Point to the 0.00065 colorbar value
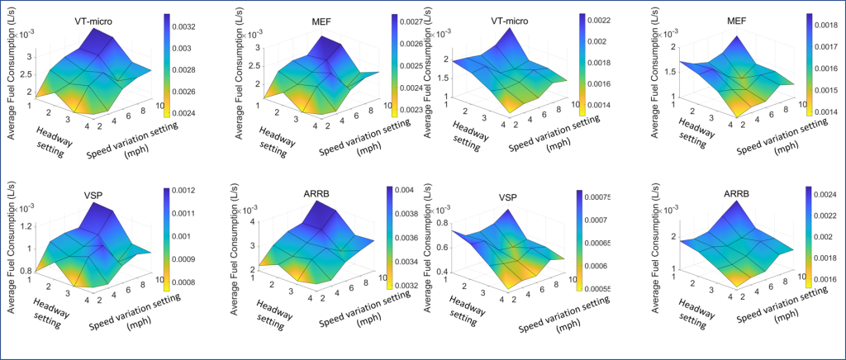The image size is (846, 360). (x=599, y=244)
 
